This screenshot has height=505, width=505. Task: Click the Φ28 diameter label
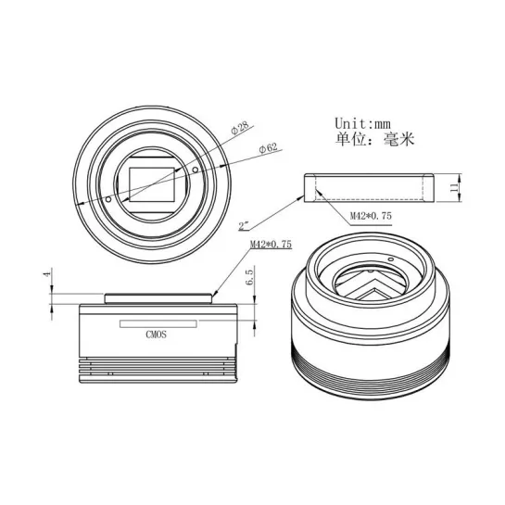click(x=240, y=127)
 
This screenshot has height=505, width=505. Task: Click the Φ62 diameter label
click(x=268, y=148)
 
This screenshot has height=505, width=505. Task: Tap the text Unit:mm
click(x=362, y=123)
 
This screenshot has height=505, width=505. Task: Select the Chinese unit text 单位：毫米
click(x=374, y=139)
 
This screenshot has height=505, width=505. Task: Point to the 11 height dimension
click(x=454, y=187)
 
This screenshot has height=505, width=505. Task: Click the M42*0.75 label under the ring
click(x=371, y=216)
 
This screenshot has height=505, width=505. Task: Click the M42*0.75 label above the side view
click(x=271, y=244)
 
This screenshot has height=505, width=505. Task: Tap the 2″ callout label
click(x=245, y=225)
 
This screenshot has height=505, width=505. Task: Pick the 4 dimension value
click(x=47, y=274)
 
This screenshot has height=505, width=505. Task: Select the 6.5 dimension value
click(x=250, y=277)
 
